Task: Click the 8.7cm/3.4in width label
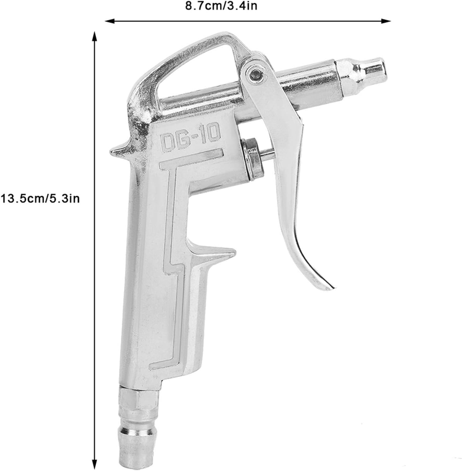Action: (221, 6)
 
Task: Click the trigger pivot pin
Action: (254, 74)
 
